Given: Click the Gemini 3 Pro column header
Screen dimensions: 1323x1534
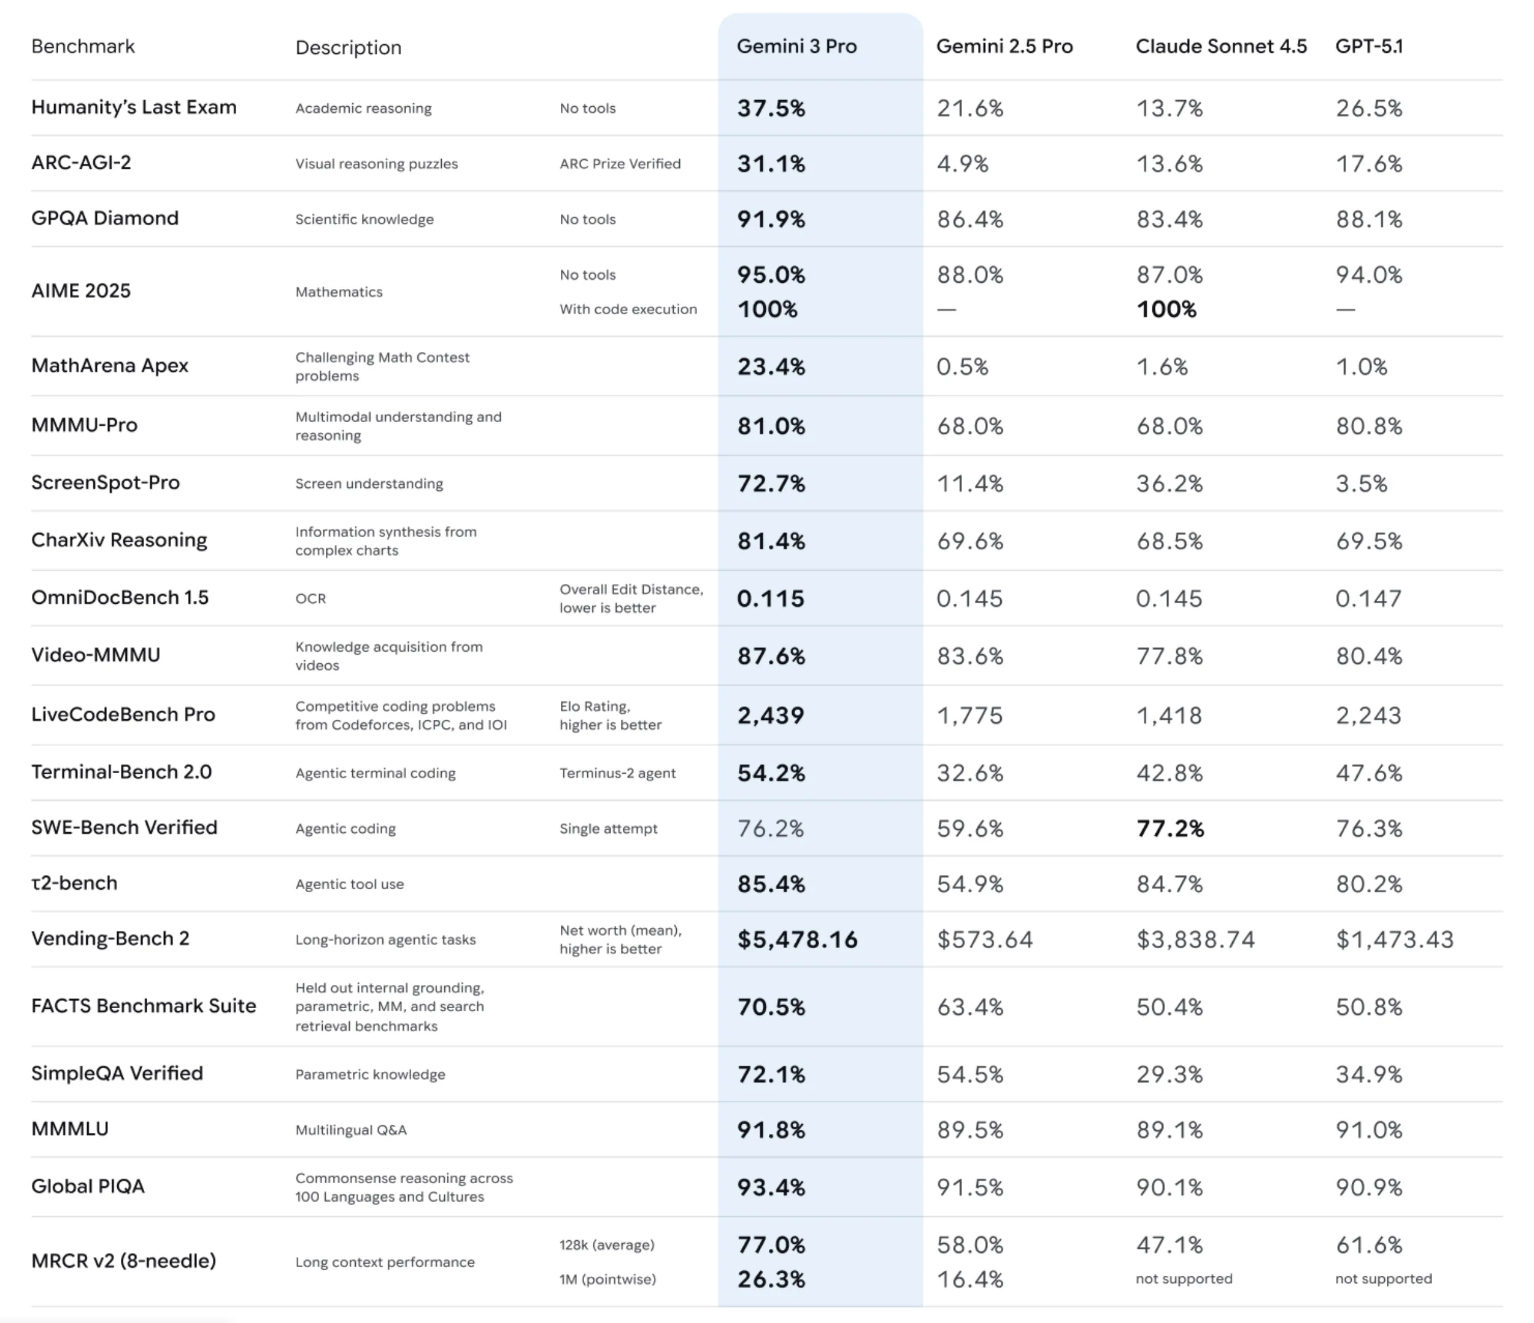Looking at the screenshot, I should tap(796, 46).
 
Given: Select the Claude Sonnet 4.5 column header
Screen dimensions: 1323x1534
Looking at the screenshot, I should tap(1221, 46).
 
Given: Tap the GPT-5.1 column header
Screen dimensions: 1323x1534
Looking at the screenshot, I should tap(1369, 46).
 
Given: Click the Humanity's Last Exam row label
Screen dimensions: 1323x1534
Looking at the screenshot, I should tap(134, 107).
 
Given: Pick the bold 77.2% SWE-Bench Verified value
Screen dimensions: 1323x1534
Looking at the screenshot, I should tap(1170, 828).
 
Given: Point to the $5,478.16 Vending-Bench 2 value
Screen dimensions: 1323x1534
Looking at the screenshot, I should tap(797, 939).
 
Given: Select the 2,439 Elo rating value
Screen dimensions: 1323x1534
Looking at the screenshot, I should tap(770, 715).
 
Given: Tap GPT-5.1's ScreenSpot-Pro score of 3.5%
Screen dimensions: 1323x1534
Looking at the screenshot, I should tap(1361, 484).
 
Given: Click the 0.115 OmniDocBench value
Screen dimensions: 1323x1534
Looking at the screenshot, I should tap(770, 598).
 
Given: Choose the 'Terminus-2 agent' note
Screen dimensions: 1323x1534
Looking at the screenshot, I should tap(617, 773).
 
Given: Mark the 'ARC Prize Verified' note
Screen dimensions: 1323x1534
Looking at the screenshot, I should tap(620, 164).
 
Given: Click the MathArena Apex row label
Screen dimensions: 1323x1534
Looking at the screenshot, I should tap(110, 366).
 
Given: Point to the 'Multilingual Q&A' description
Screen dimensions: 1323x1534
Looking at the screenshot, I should tap(351, 1130).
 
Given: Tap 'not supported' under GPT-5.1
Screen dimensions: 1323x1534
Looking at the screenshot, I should tap(1383, 1279).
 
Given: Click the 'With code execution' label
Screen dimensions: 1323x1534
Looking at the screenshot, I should tap(628, 309).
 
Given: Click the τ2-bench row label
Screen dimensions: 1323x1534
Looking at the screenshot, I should tap(74, 883).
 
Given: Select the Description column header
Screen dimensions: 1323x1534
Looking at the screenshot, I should tap(348, 47).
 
